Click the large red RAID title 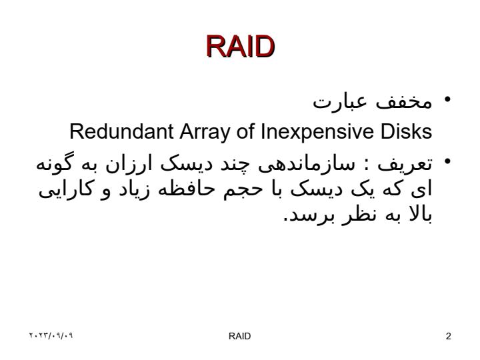[240, 47]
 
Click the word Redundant [121, 131]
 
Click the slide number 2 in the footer [449, 336]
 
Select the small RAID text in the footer [240, 336]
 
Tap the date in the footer [51, 335]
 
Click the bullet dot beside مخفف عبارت [447, 99]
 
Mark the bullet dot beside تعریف [447, 161]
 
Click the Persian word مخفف [403, 102]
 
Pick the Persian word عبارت [340, 101]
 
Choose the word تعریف [405, 165]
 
